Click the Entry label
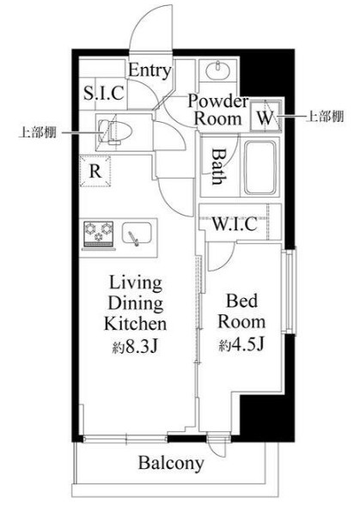pos(149,71)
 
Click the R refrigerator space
pos(96,170)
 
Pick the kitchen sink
pos(137,234)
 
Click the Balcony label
pos(172,464)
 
